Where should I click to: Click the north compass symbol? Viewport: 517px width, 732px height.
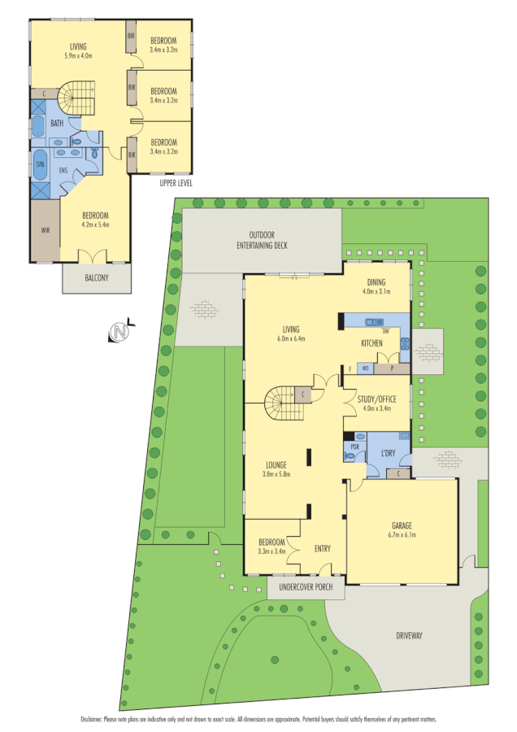(120, 332)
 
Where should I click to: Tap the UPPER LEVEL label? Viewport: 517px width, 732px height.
(177, 183)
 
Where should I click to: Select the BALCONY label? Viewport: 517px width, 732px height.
(96, 278)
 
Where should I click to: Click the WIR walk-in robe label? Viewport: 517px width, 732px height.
(46, 230)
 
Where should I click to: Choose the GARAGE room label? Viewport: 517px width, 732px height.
(402, 525)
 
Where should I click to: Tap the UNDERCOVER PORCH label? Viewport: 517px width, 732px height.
(306, 586)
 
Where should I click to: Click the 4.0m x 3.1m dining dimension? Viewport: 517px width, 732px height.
(376, 290)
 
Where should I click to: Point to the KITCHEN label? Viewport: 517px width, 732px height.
(371, 343)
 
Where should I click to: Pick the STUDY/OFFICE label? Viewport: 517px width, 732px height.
(375, 398)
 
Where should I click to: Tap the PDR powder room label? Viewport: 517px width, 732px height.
(354, 447)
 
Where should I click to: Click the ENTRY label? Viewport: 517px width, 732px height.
(323, 549)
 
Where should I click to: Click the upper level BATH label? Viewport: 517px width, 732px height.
(56, 124)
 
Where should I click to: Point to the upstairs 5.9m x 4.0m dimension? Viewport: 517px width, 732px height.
(78, 56)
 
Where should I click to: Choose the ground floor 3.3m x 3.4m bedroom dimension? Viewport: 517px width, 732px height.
(272, 551)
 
